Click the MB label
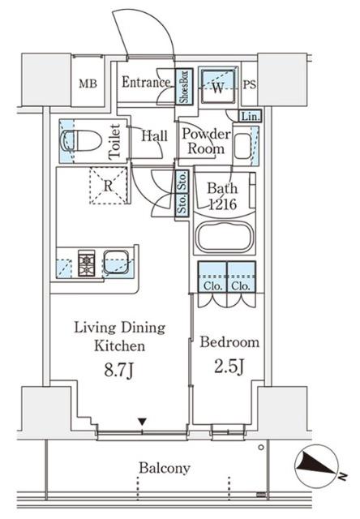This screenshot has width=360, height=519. pyautogui.click(x=88, y=84)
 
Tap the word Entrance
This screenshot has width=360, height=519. pyautogui.click(x=146, y=83)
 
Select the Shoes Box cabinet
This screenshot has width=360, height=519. pyautogui.click(x=183, y=86)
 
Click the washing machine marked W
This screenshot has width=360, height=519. pyautogui.click(x=218, y=85)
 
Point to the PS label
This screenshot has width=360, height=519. pyautogui.click(x=250, y=85)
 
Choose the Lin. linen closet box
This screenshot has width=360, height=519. pyautogui.click(x=251, y=116)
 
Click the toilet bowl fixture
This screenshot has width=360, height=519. pyautogui.click(x=81, y=141)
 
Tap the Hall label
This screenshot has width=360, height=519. pyautogui.click(x=155, y=136)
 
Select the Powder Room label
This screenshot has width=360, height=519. pyautogui.click(x=206, y=141)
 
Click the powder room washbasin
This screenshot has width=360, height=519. pyautogui.click(x=242, y=146)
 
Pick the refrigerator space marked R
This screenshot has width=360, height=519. pyautogui.click(x=109, y=186)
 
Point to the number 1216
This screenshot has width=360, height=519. pyautogui.click(x=223, y=204)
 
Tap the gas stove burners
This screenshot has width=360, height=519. pyautogui.click(x=87, y=264)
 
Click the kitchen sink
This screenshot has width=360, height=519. pyautogui.click(x=116, y=262)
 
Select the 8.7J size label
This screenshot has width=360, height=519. pyautogui.click(x=119, y=371)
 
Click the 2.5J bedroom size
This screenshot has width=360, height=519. pyautogui.click(x=229, y=367)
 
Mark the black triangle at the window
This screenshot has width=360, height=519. pyautogui.click(x=142, y=422)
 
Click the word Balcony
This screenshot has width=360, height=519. pyautogui.click(x=165, y=469)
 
